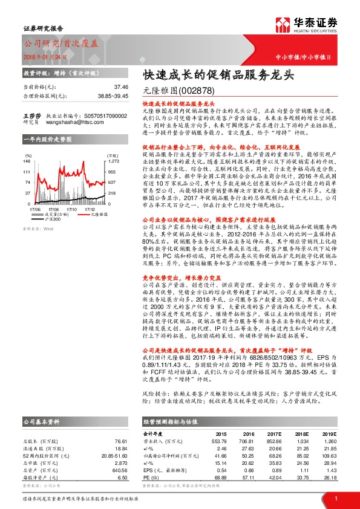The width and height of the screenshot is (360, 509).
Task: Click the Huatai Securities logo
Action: point(309,25)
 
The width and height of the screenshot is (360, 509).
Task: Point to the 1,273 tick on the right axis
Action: point(114,161)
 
